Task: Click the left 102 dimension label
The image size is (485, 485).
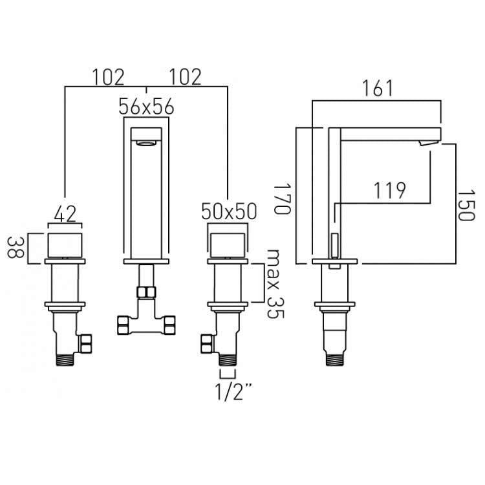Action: coord(107,77)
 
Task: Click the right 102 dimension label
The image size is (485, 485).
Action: coord(186,77)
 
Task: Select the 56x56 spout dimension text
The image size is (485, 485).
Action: coord(147,107)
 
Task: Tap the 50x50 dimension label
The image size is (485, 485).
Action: coord(230,211)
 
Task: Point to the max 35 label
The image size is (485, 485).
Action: coord(276,284)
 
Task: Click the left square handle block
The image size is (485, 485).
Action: coord(65,246)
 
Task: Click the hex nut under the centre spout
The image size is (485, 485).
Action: coord(147,292)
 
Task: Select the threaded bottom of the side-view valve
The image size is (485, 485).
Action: coord(337,354)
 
